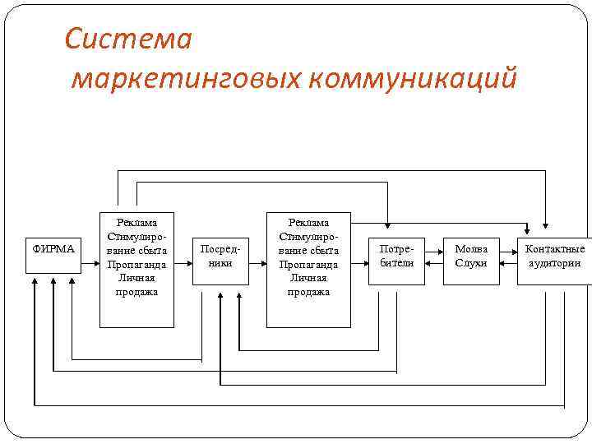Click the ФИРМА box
pos(53,249)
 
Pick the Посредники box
pos(220,256)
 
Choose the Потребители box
pos(396,256)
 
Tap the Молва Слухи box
pos(471,256)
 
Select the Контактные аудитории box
pos(555,256)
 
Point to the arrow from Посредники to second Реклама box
pos(258,264)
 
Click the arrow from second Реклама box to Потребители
pos(359,264)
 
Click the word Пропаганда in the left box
pos(136,264)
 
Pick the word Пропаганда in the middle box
pos(308,264)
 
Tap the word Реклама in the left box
pos(136,222)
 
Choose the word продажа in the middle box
pos(308,292)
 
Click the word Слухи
pos(471,263)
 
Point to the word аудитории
pos(555,263)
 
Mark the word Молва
pos(471,249)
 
